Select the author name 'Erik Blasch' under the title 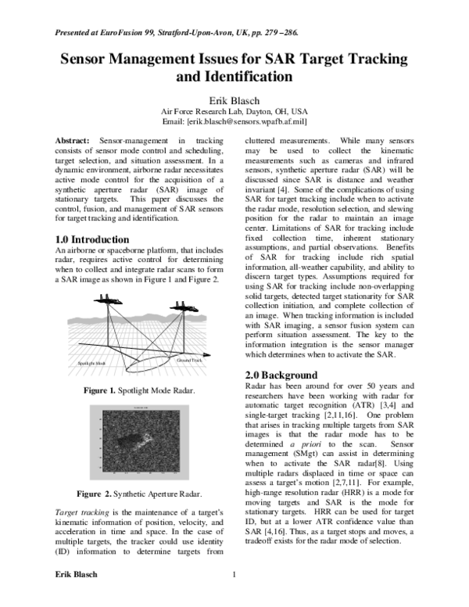[x=234, y=101]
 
